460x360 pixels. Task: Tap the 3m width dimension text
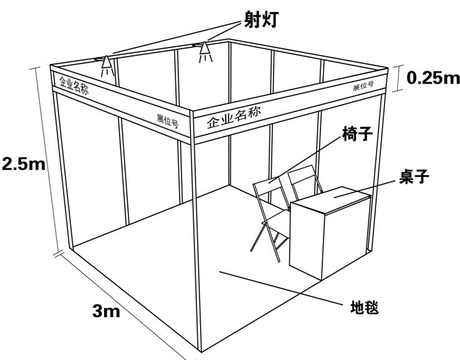pos(105,310)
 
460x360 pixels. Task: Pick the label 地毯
pos(365,307)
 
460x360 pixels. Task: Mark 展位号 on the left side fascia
pos(167,120)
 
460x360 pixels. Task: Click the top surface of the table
pos(330,199)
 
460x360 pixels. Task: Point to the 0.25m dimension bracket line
pos(399,78)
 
